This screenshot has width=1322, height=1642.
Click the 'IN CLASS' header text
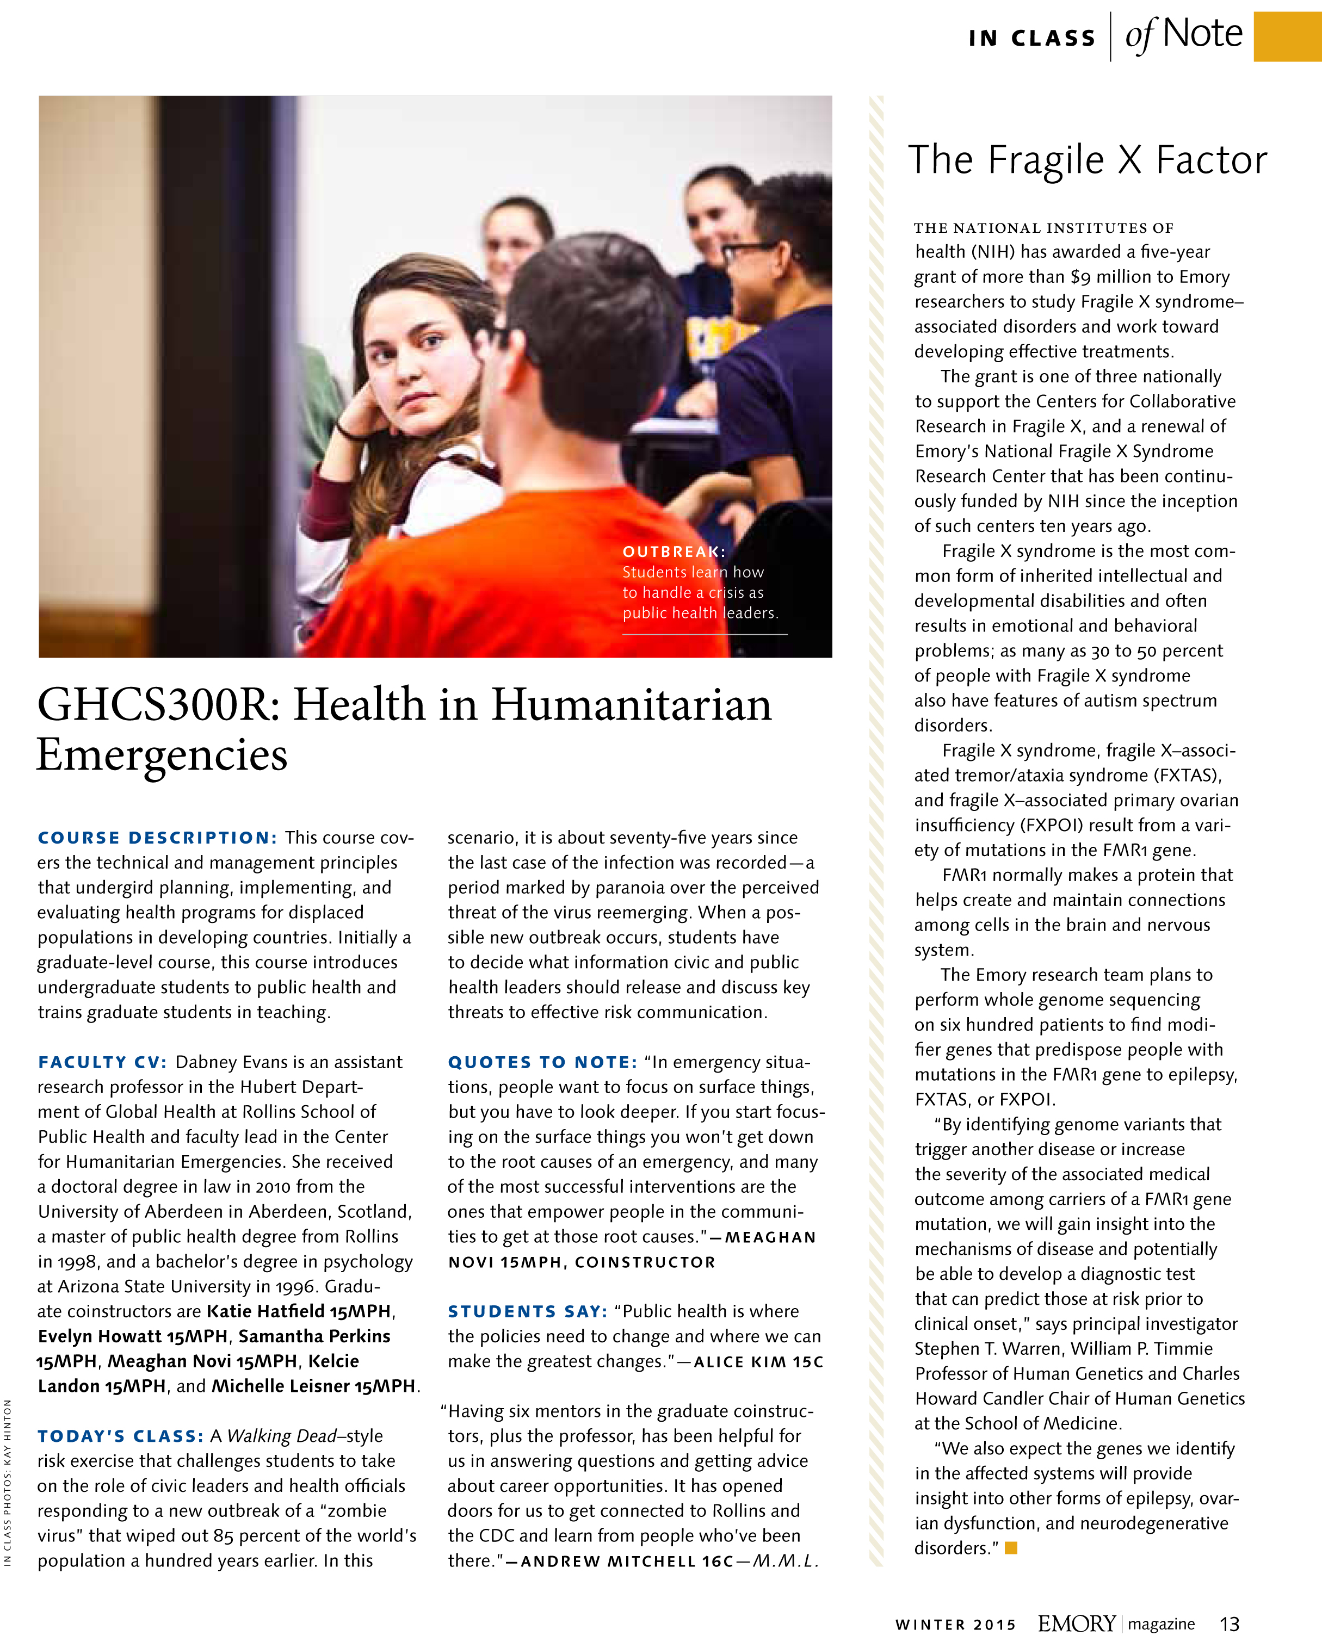pos(1031,38)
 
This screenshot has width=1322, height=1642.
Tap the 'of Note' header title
pos(1183,35)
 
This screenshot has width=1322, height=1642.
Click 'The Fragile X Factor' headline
pos(1088,160)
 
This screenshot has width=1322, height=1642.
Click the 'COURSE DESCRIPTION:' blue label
pos(158,838)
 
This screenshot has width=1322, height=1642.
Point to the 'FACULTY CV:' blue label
pos(102,1062)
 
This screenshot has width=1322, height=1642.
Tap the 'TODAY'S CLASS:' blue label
pos(120,1436)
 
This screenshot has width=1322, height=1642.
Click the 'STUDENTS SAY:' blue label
pos(527,1311)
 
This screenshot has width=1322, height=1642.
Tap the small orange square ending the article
pos(1011,1548)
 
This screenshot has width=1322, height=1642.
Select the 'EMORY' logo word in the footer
pos(1077,1624)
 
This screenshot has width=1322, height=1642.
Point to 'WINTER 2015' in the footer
pos(955,1625)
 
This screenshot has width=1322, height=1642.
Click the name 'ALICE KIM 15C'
pos(758,1362)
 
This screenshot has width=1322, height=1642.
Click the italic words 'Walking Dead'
pos(282,1436)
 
